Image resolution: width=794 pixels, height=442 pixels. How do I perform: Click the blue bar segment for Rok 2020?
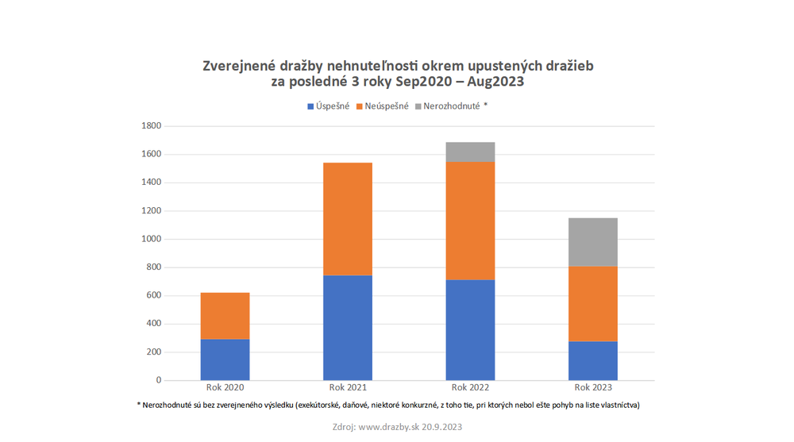pos(225,359)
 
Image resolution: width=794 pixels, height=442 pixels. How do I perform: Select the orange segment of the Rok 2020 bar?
pos(225,316)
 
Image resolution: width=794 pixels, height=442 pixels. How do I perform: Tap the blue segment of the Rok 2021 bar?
pos(348,327)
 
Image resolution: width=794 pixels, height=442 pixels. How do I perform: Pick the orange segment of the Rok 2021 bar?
pos(348,219)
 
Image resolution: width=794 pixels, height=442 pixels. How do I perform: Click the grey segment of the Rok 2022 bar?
pos(470,152)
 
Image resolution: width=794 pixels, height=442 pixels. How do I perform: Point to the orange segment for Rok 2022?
pos(470,221)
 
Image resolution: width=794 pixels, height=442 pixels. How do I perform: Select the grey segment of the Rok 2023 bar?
pos(593,242)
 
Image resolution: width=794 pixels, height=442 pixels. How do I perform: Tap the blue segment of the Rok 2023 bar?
pos(593,360)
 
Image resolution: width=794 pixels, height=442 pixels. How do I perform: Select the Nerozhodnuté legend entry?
pos(450,106)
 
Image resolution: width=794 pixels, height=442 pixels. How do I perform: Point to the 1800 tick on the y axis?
pos(151,126)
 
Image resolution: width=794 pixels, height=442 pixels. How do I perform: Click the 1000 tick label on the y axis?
pos(151,239)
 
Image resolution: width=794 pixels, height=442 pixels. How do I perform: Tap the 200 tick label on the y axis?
pos(153,352)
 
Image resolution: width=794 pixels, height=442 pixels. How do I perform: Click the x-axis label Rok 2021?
pos(348,388)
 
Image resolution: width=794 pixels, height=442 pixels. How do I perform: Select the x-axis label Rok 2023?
pos(593,388)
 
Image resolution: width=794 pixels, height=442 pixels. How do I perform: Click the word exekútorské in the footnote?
pos(326,405)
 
